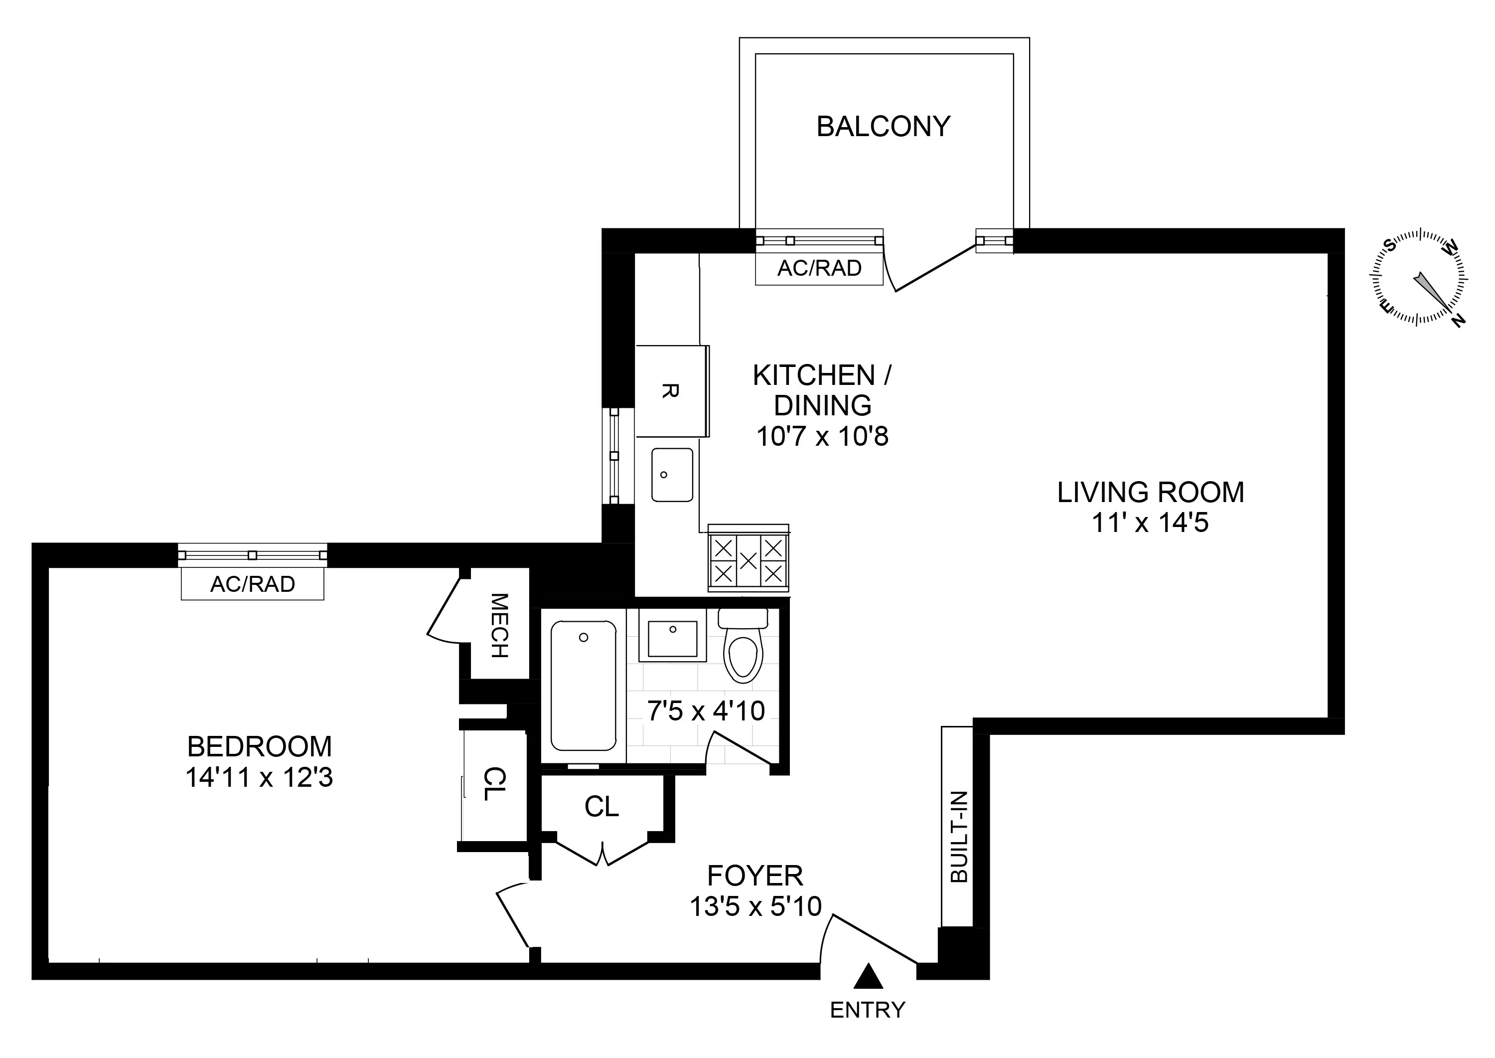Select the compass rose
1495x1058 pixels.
(x=1419, y=285)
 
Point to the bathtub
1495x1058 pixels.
(x=584, y=686)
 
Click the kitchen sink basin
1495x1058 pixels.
(x=672, y=474)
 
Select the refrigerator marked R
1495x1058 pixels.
(x=671, y=391)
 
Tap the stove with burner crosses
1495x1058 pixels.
(x=748, y=559)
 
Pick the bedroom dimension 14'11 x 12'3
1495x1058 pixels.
(x=259, y=778)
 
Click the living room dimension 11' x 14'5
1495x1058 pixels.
(x=1150, y=523)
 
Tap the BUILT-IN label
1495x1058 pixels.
(x=958, y=837)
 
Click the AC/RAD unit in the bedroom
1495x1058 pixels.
(x=253, y=584)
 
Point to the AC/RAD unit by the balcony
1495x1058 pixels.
(x=819, y=268)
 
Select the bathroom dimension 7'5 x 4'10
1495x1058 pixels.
(x=706, y=711)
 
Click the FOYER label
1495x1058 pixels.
(x=755, y=876)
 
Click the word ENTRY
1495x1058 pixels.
(x=867, y=1010)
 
